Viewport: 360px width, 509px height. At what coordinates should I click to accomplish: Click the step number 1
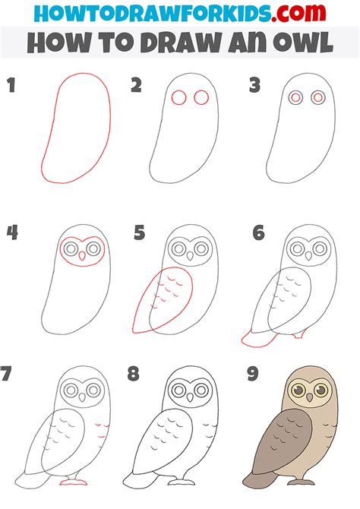click(x=11, y=86)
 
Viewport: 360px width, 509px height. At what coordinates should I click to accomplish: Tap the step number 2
click(x=136, y=86)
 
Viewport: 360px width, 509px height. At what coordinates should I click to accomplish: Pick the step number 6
click(x=259, y=233)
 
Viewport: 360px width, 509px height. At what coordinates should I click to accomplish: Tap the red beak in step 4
click(x=81, y=256)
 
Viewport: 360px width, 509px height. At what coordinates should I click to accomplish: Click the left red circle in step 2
click(x=179, y=97)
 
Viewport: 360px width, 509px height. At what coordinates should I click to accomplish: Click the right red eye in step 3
click(x=318, y=96)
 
